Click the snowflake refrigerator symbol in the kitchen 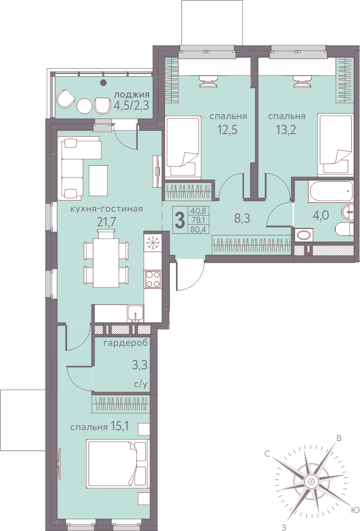pyautogui.click(x=152, y=242)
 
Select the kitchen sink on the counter pyautogui.click(x=135, y=314)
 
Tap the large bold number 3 pyautogui.click(x=180, y=220)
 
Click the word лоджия pyautogui.click(x=132, y=94)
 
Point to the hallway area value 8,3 pyautogui.click(x=242, y=219)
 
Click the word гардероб pyautogui.click(x=126, y=343)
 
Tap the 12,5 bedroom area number pyautogui.click(x=227, y=129)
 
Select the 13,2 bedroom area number pyautogui.click(x=286, y=129)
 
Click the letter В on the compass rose pyautogui.click(x=338, y=439)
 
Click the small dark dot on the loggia pyautogui.click(x=104, y=82)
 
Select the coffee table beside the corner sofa pyautogui.click(x=98, y=180)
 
